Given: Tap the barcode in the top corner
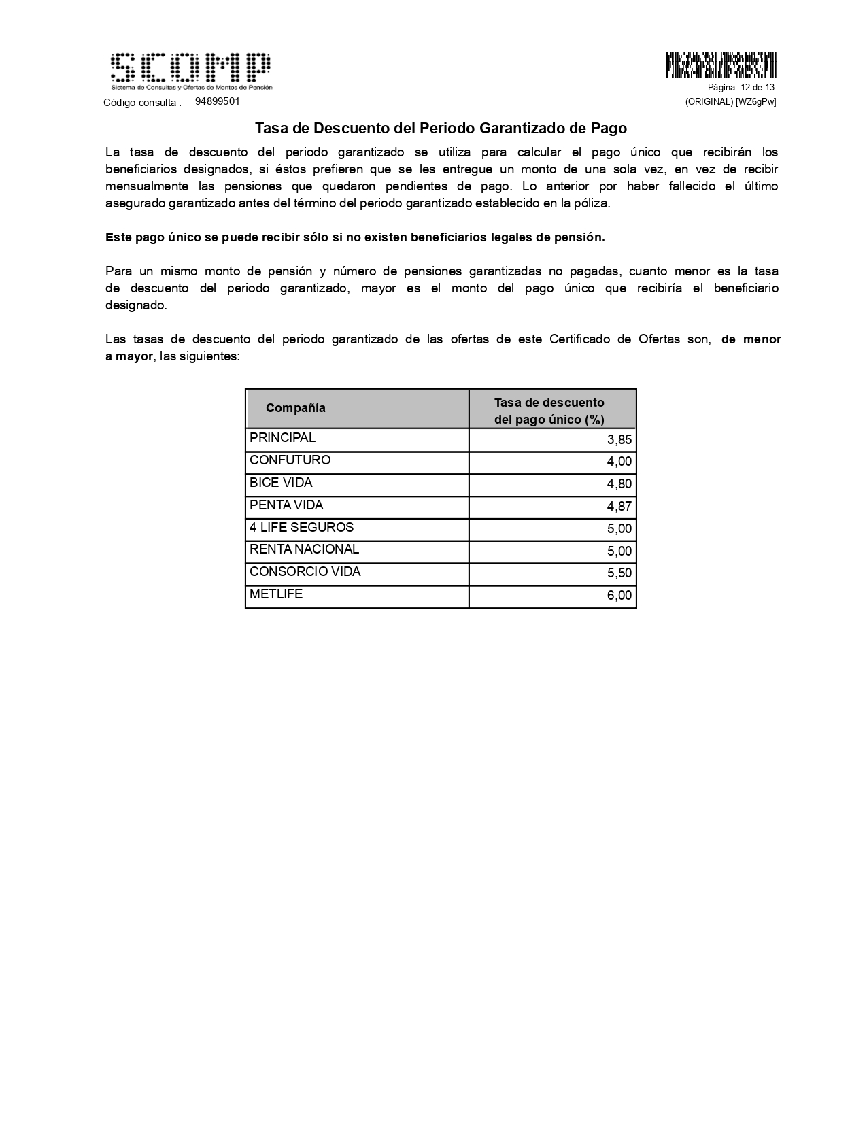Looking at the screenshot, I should [721, 64].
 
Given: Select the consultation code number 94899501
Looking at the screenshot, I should [217, 101].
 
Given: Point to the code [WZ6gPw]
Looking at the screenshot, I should [755, 102].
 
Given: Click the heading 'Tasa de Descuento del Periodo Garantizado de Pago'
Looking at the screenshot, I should [441, 128].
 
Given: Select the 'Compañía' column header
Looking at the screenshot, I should [296, 408].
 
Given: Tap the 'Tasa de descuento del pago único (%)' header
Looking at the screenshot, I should [549, 411].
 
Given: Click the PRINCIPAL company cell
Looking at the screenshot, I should [282, 438].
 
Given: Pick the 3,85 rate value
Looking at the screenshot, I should [619, 440].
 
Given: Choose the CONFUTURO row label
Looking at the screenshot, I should [290, 460].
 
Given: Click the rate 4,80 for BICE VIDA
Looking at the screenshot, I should [619, 484].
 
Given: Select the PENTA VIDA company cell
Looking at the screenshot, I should [286, 505].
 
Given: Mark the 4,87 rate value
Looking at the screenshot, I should [619, 507].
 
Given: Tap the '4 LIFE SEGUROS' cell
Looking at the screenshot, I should [301, 528].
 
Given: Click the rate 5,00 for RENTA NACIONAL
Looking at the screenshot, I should [619, 551].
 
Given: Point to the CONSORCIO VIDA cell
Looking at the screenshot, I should [305, 572].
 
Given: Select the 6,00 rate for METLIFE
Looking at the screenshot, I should [619, 596].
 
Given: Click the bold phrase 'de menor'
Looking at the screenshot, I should [751, 339].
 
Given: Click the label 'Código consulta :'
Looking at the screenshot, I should [142, 103].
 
